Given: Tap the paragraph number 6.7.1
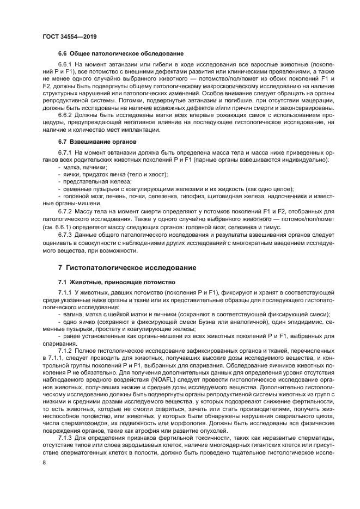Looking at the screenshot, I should point(66,153).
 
